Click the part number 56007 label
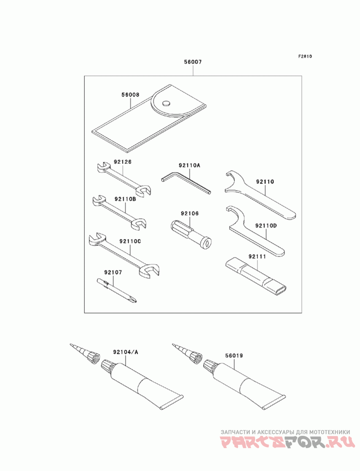coord(193,62)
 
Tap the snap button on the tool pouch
coord(166,103)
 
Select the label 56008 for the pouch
coord(130,94)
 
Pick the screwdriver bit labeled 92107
coord(117,290)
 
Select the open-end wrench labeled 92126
coord(124,179)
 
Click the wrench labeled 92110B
coord(120,212)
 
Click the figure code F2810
coord(305,56)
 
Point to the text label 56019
coord(234,356)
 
